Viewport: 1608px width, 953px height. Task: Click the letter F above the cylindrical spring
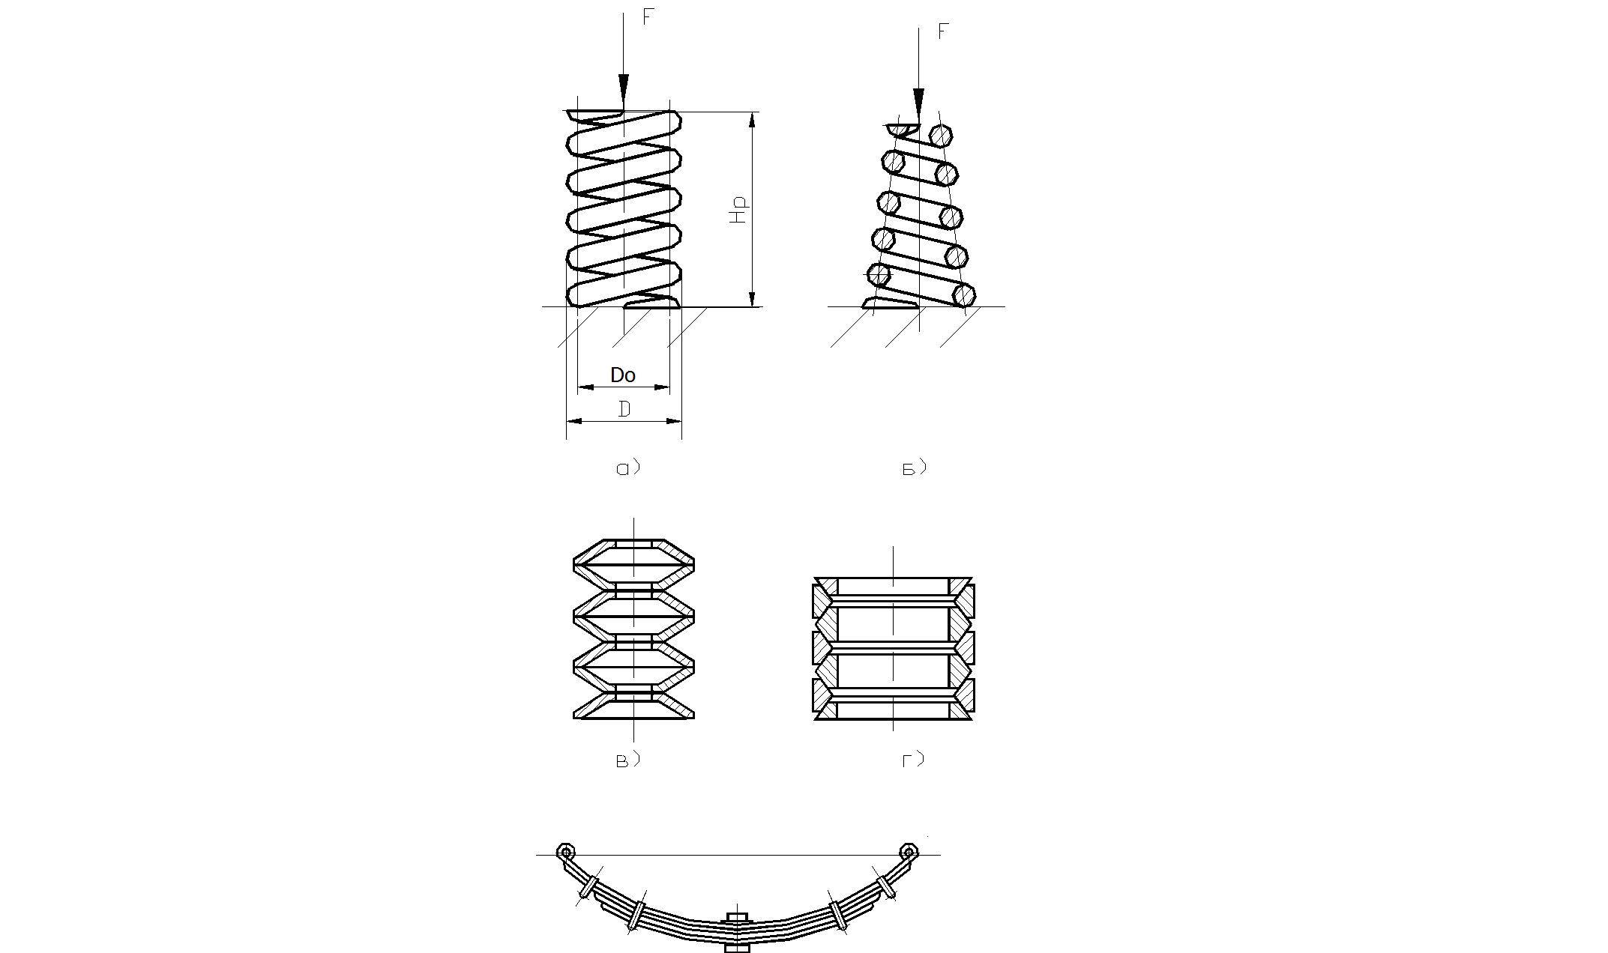click(648, 17)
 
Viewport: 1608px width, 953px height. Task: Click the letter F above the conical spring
click(943, 31)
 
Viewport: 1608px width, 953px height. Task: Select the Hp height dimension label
click(739, 211)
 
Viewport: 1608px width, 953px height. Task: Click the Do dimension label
click(623, 375)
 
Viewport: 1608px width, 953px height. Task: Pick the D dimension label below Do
click(623, 409)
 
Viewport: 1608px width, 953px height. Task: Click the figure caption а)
click(627, 469)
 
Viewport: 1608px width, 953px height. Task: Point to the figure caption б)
click(913, 469)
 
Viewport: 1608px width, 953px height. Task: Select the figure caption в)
click(626, 760)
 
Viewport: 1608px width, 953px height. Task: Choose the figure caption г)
click(912, 760)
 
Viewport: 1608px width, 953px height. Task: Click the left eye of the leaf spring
click(566, 852)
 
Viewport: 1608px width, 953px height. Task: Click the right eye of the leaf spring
click(909, 852)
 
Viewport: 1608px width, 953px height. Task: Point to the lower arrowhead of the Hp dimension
click(752, 298)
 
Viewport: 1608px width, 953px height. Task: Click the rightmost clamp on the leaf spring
click(886, 886)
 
